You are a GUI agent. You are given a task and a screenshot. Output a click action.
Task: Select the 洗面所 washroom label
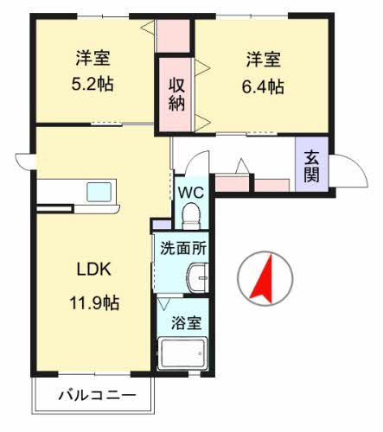coord(182,247)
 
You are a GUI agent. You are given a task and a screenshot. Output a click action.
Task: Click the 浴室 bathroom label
coord(186,323)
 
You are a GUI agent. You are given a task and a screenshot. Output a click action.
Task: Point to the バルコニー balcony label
coord(97,397)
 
